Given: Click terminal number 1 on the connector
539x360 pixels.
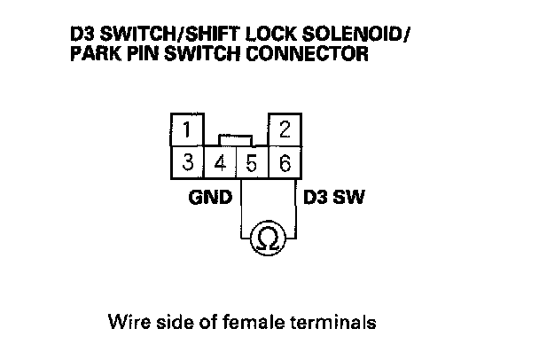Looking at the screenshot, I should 187,131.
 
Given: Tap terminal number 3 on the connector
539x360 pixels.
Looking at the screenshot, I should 187,162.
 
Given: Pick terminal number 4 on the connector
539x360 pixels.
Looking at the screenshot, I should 220,163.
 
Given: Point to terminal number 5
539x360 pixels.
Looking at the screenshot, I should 252,163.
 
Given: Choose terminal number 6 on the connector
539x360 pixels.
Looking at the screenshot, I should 285,163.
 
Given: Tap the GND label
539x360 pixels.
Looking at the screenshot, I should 210,195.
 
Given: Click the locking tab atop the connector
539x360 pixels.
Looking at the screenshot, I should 236,140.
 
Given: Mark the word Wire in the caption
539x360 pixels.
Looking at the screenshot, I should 125,320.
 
